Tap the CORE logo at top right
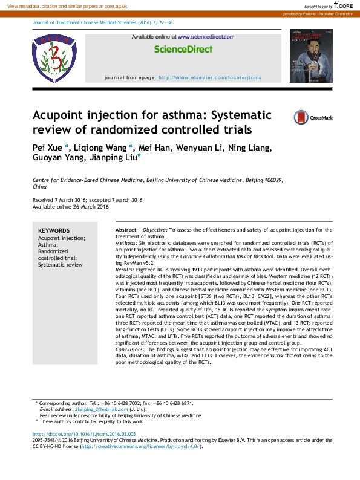click(342, 5)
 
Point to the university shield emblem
click(55, 58)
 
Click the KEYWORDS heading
click(54, 231)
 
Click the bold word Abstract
click(126, 230)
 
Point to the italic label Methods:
click(127, 242)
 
